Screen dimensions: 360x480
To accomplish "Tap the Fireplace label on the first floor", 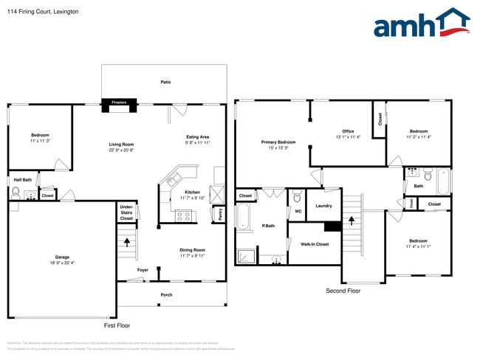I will point(118,103).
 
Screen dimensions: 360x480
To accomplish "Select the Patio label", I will point(165,82).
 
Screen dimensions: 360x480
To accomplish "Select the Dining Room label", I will point(193,252).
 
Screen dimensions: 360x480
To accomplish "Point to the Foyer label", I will point(143,270).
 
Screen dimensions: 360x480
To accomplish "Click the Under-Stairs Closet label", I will point(126,212).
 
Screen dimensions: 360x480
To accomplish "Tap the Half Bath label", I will point(22,180).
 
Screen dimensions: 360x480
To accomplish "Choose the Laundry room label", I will point(323,206).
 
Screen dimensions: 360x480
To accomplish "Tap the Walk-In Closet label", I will point(315,243).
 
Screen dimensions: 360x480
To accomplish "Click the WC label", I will point(298,212).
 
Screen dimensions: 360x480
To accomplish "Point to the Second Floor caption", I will point(343,291).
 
